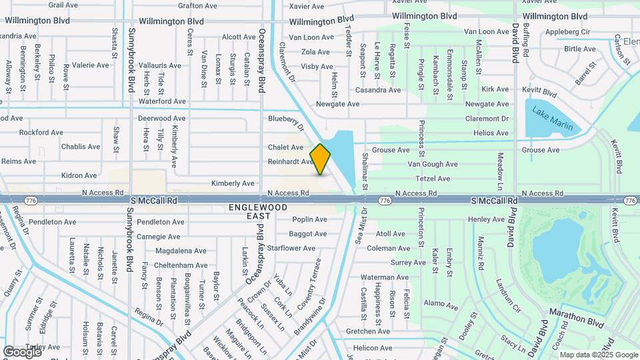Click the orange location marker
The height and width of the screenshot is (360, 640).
click(x=321, y=159)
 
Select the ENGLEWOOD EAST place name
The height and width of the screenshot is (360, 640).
click(x=258, y=211)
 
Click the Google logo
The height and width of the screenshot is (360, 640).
click(x=22, y=351)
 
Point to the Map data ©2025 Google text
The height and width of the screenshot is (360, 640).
click(x=599, y=355)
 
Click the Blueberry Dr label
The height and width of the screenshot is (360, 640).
click(x=286, y=121)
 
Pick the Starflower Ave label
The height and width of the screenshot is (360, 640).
click(x=291, y=248)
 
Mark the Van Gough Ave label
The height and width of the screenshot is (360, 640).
click(x=433, y=164)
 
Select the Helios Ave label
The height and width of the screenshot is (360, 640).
click(x=491, y=133)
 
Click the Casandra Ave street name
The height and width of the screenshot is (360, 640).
click(x=377, y=89)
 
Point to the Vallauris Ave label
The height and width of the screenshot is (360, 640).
click(x=163, y=65)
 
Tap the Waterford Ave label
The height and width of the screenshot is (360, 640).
click(x=161, y=101)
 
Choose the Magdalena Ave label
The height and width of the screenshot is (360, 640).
click(x=181, y=251)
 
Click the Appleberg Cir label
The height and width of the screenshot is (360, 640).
click(x=567, y=31)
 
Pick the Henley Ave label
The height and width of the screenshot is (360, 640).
click(x=486, y=219)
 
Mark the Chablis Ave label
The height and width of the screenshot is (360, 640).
click(x=80, y=147)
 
